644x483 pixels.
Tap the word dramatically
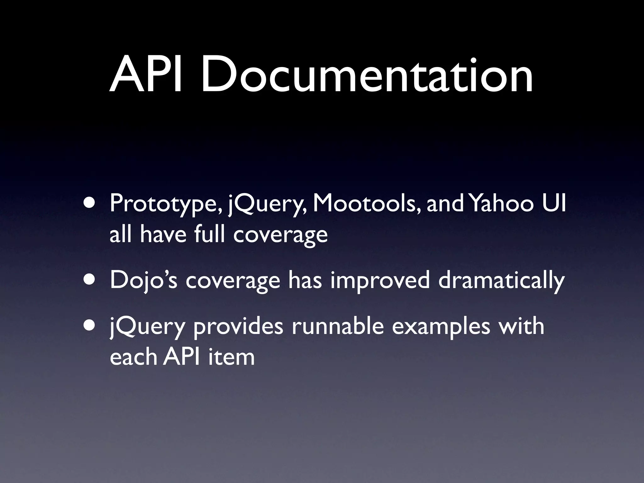pos(501,280)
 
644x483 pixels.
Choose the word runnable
pos(338,326)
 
